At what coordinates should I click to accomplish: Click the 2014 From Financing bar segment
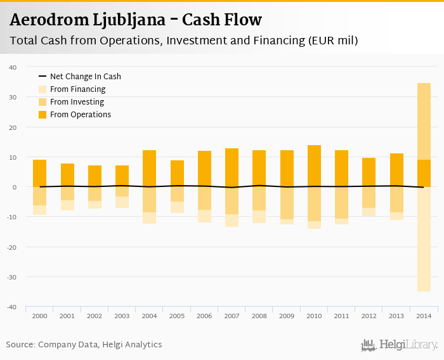pyautogui.click(x=424, y=239)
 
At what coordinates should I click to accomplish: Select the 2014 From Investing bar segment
pyautogui.click(x=424, y=121)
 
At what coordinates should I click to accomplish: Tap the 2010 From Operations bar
pyautogui.click(x=314, y=166)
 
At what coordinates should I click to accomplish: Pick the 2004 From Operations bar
pyautogui.click(x=149, y=169)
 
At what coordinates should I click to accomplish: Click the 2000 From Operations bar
pyautogui.click(x=39, y=173)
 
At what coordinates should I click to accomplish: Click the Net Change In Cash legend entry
pyautogui.click(x=85, y=77)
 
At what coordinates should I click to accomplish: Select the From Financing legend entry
pyautogui.click(x=77, y=89)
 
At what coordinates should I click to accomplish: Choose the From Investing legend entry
pyautogui.click(x=77, y=102)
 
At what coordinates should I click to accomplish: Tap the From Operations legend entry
pyautogui.click(x=80, y=115)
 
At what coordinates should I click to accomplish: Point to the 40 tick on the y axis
pyautogui.click(x=13, y=67)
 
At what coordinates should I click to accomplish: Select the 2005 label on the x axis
pyautogui.click(x=176, y=315)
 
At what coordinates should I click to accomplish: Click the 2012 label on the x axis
pyautogui.click(x=369, y=315)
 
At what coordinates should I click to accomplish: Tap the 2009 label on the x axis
pyautogui.click(x=286, y=315)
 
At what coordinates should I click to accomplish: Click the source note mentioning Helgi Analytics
pyautogui.click(x=84, y=345)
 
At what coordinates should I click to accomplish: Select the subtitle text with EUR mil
pyautogui.click(x=184, y=41)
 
